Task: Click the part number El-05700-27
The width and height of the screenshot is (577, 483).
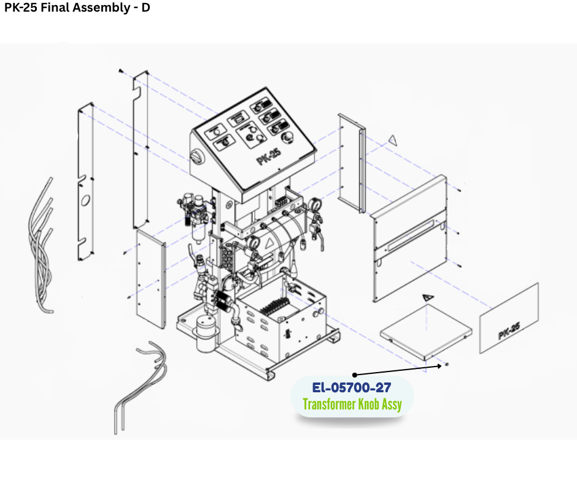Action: click(x=352, y=387)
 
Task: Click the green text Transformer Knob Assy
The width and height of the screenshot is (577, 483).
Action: click(x=352, y=404)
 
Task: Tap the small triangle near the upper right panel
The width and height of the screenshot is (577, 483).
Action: click(x=392, y=140)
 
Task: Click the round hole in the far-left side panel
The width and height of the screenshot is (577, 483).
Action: click(x=85, y=200)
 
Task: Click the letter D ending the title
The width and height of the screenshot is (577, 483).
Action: click(x=145, y=8)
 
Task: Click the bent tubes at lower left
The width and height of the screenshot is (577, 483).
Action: click(x=141, y=383)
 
